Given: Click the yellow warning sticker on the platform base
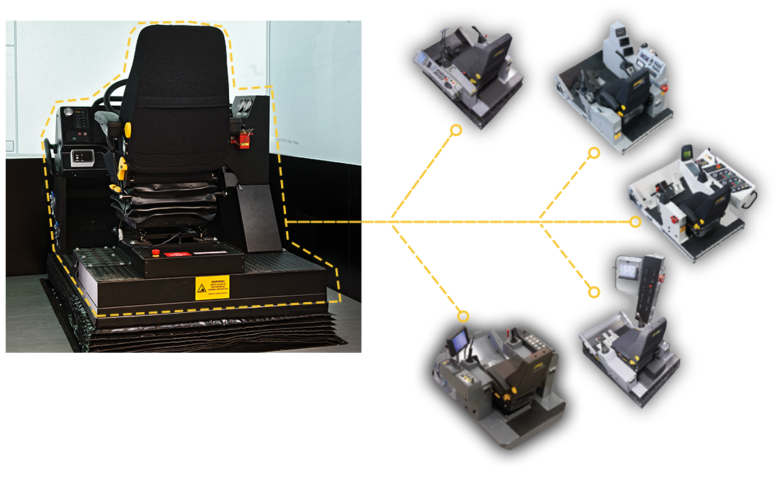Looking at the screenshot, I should click(x=212, y=287).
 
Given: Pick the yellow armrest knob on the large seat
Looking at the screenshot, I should click(x=128, y=129).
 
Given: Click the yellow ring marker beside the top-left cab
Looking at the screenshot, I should click(x=456, y=130).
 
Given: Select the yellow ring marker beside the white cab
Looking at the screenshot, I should click(x=635, y=222).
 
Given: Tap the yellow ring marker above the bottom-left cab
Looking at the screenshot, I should click(x=463, y=316).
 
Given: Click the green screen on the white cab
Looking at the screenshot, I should click(x=688, y=151).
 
